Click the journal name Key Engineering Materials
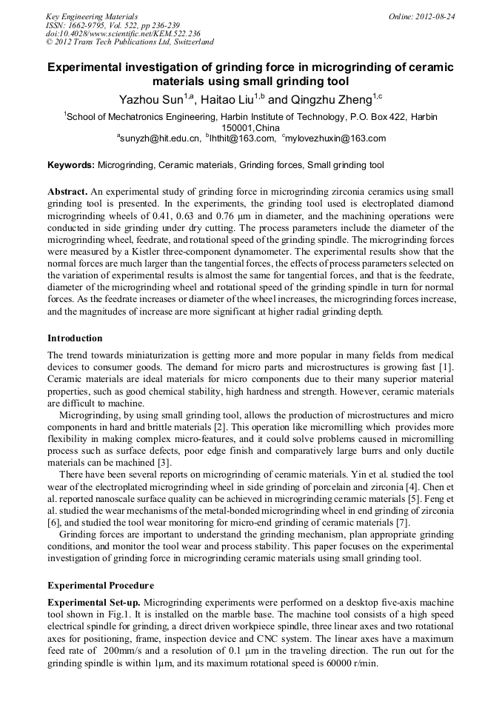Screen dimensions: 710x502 [x=91, y=16]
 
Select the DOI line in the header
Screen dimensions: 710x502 [x=123, y=33]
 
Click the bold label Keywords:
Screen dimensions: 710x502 [x=71, y=165]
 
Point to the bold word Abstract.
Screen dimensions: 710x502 [x=68, y=191]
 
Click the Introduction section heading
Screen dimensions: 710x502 [x=75, y=338]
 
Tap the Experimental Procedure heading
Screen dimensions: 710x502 [x=100, y=585]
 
